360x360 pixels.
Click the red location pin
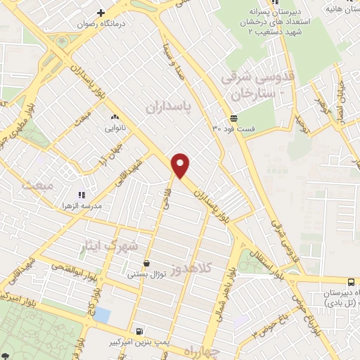click(181, 165)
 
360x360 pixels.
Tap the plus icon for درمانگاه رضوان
click(101, 13)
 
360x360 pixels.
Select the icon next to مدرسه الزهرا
click(82, 195)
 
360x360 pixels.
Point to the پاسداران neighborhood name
click(169, 105)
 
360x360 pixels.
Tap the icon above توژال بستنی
click(146, 263)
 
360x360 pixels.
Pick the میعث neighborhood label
click(37, 185)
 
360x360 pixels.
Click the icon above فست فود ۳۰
click(233, 117)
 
